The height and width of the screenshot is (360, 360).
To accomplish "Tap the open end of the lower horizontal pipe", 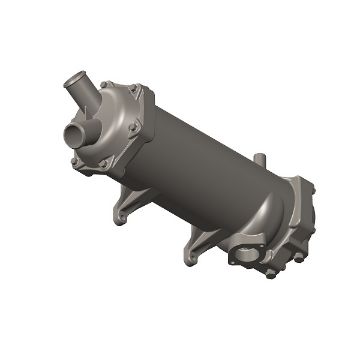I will click(71, 132).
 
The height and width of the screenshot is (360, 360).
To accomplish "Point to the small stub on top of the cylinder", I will click(260, 160).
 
